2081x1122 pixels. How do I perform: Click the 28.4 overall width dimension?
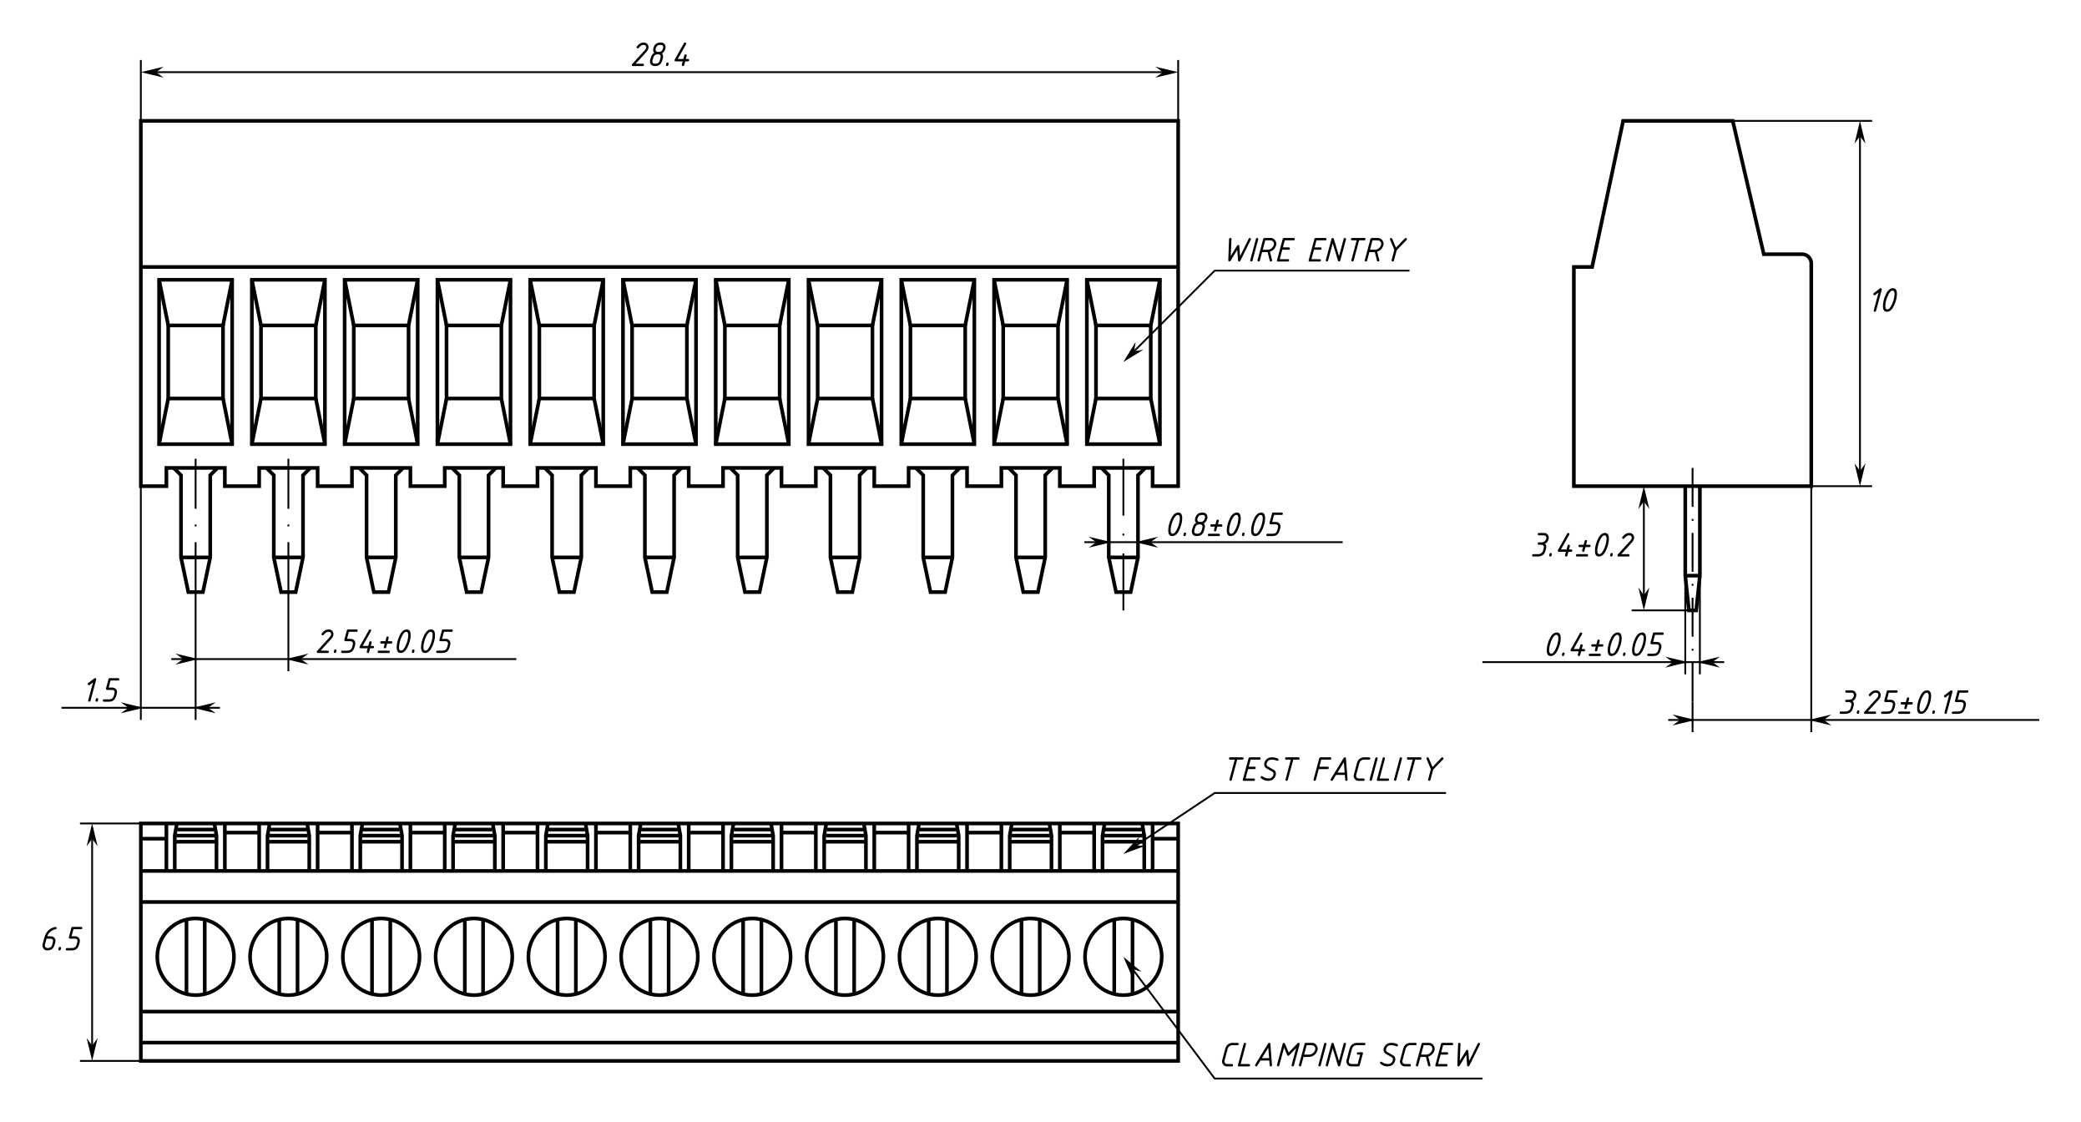point(660,55)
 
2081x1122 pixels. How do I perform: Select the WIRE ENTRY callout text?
point(1315,250)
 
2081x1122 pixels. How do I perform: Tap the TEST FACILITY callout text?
point(1333,770)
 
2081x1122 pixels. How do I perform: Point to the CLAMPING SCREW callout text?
point(1349,1056)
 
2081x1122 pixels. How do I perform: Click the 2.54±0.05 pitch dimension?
point(385,642)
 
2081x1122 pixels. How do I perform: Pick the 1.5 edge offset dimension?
point(102,691)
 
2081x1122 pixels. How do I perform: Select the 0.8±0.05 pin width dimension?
point(1224,525)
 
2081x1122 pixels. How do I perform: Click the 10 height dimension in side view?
point(1883,301)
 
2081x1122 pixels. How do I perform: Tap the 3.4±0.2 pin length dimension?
point(1583,546)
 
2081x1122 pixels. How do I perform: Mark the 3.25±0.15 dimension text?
point(1904,703)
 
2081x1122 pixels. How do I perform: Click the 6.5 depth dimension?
point(62,941)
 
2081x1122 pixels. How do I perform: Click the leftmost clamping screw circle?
point(195,957)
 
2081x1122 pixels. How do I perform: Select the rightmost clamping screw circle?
point(1123,957)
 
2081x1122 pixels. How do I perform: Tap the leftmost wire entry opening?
point(195,361)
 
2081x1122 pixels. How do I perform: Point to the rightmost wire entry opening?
point(1123,361)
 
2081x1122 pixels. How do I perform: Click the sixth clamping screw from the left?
point(659,957)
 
